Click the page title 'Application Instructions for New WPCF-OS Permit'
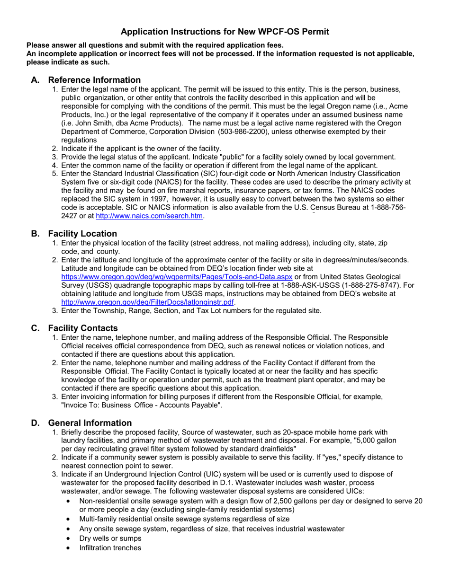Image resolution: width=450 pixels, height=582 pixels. click(x=225, y=32)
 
